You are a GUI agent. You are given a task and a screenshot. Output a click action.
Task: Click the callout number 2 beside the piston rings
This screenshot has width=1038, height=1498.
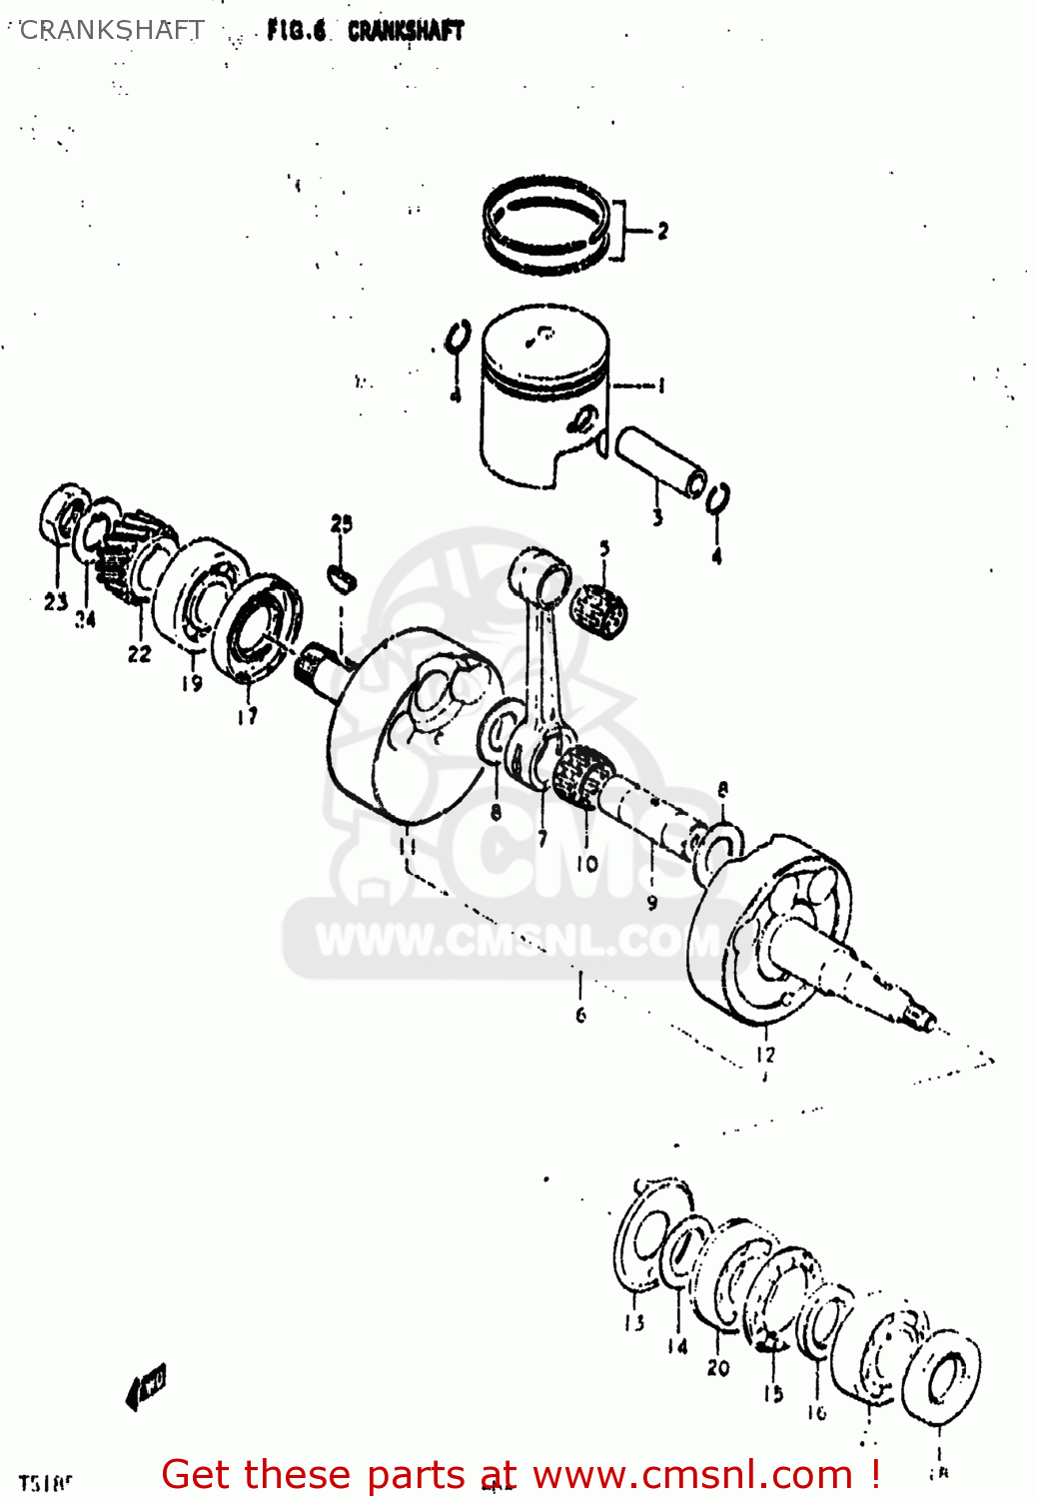[662, 232]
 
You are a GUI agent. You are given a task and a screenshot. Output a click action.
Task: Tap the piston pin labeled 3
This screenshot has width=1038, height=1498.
[660, 462]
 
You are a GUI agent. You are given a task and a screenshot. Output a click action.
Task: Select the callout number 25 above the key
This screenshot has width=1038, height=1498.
[342, 523]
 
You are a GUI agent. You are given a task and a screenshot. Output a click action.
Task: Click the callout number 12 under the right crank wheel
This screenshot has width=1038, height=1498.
[765, 1055]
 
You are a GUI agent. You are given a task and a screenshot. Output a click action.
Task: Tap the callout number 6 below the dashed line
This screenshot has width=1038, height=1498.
[580, 1015]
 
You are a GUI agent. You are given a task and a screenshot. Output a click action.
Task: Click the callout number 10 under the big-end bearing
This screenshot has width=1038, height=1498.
[586, 863]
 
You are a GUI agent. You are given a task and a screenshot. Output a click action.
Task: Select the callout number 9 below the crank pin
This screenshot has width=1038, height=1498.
[651, 902]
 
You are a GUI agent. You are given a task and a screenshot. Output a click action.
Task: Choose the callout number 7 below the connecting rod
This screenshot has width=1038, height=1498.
[542, 839]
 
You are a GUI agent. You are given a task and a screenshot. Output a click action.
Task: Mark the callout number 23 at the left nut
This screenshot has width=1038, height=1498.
[55, 601]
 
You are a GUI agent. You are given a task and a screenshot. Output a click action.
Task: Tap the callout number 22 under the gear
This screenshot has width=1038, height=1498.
[139, 653]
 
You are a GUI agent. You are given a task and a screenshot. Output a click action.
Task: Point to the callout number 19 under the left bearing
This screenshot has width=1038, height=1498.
[192, 683]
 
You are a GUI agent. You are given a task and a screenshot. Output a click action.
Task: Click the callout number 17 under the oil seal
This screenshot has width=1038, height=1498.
[248, 715]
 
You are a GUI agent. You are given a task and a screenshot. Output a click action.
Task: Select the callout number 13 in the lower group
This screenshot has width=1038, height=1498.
[634, 1323]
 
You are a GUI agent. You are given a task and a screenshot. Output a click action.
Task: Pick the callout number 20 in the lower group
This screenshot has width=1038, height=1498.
[718, 1368]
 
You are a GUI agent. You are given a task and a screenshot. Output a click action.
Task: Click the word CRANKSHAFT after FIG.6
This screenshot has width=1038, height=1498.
[406, 31]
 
